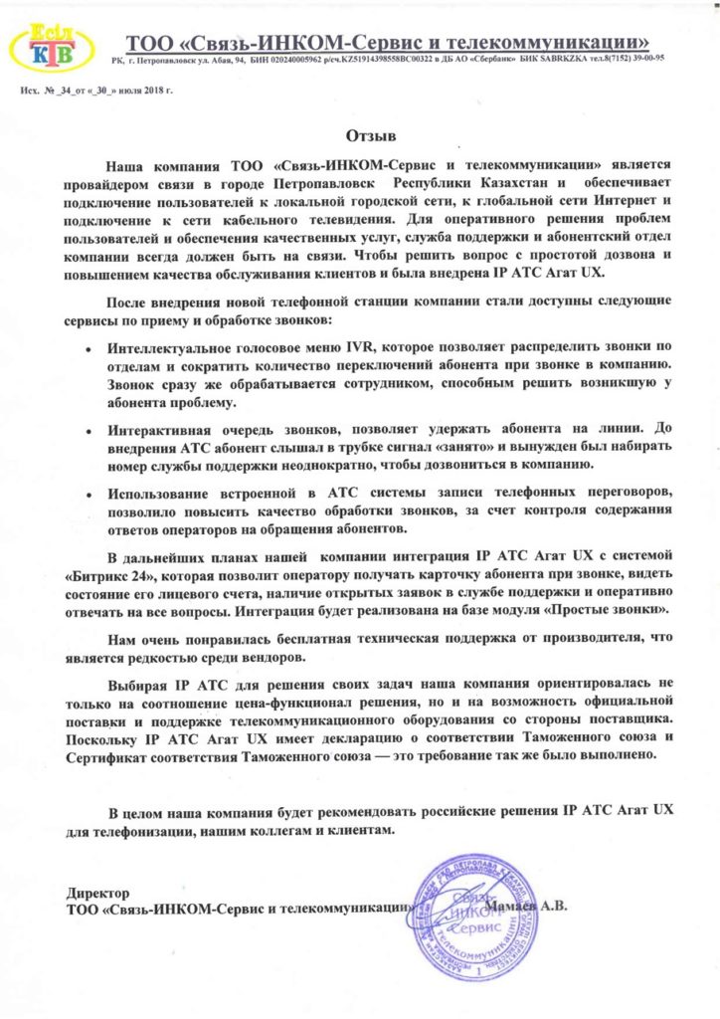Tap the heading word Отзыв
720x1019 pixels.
tap(359, 133)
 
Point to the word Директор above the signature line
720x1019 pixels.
tap(96, 893)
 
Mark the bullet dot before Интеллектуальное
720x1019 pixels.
tap(90, 350)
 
